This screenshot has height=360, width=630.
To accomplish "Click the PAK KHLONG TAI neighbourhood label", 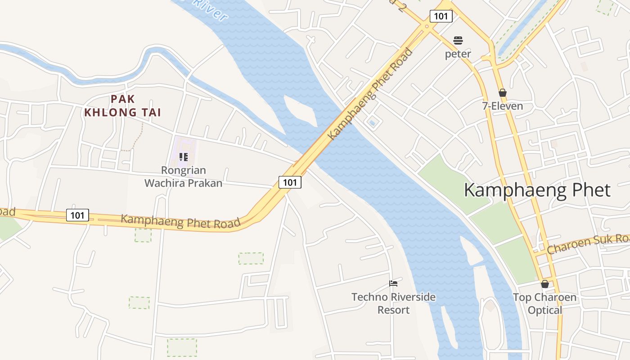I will pyautogui.click(x=122, y=106).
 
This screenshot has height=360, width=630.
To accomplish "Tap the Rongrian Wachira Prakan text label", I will pyautogui.click(x=183, y=177).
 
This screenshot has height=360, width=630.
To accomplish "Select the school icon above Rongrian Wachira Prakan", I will pyautogui.click(x=183, y=157).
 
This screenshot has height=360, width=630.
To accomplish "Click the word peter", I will pyautogui.click(x=458, y=54).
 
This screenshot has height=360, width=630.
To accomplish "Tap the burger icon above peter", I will pyautogui.click(x=458, y=40).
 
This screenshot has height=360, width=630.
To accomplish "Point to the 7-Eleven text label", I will pyautogui.click(x=503, y=106).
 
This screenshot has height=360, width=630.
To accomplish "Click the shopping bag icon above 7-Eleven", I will pyautogui.click(x=503, y=93).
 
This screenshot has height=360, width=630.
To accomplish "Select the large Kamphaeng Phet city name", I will pyautogui.click(x=537, y=190).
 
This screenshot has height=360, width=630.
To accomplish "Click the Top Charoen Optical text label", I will pyautogui.click(x=544, y=304).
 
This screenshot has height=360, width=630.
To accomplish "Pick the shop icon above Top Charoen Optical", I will pyautogui.click(x=544, y=284).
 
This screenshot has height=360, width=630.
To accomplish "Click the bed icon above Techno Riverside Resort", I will pyautogui.click(x=393, y=283).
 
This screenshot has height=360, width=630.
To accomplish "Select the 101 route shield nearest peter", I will pyautogui.click(x=441, y=17).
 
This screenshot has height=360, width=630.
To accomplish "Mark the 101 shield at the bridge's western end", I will pyautogui.click(x=290, y=182).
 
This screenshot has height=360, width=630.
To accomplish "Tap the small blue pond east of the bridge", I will pyautogui.click(x=372, y=122).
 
